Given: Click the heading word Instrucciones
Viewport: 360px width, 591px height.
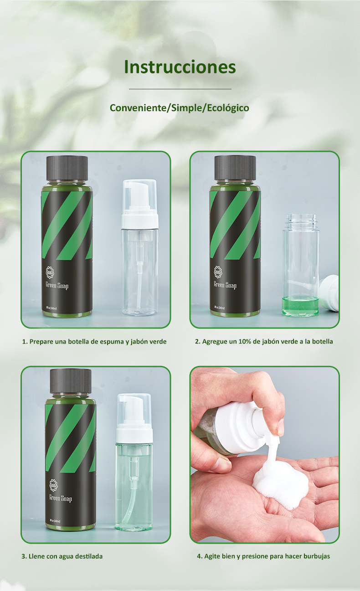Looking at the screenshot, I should click(180, 67).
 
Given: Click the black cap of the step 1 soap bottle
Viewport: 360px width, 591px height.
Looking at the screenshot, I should click(67, 168).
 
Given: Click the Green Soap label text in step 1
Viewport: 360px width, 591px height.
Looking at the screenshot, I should click(57, 285).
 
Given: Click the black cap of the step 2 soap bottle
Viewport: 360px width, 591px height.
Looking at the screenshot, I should click(235, 168).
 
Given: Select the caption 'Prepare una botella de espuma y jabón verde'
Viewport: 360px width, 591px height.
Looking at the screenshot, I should click(94, 341).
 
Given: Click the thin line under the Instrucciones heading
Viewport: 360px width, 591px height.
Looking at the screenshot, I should click(180, 89).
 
